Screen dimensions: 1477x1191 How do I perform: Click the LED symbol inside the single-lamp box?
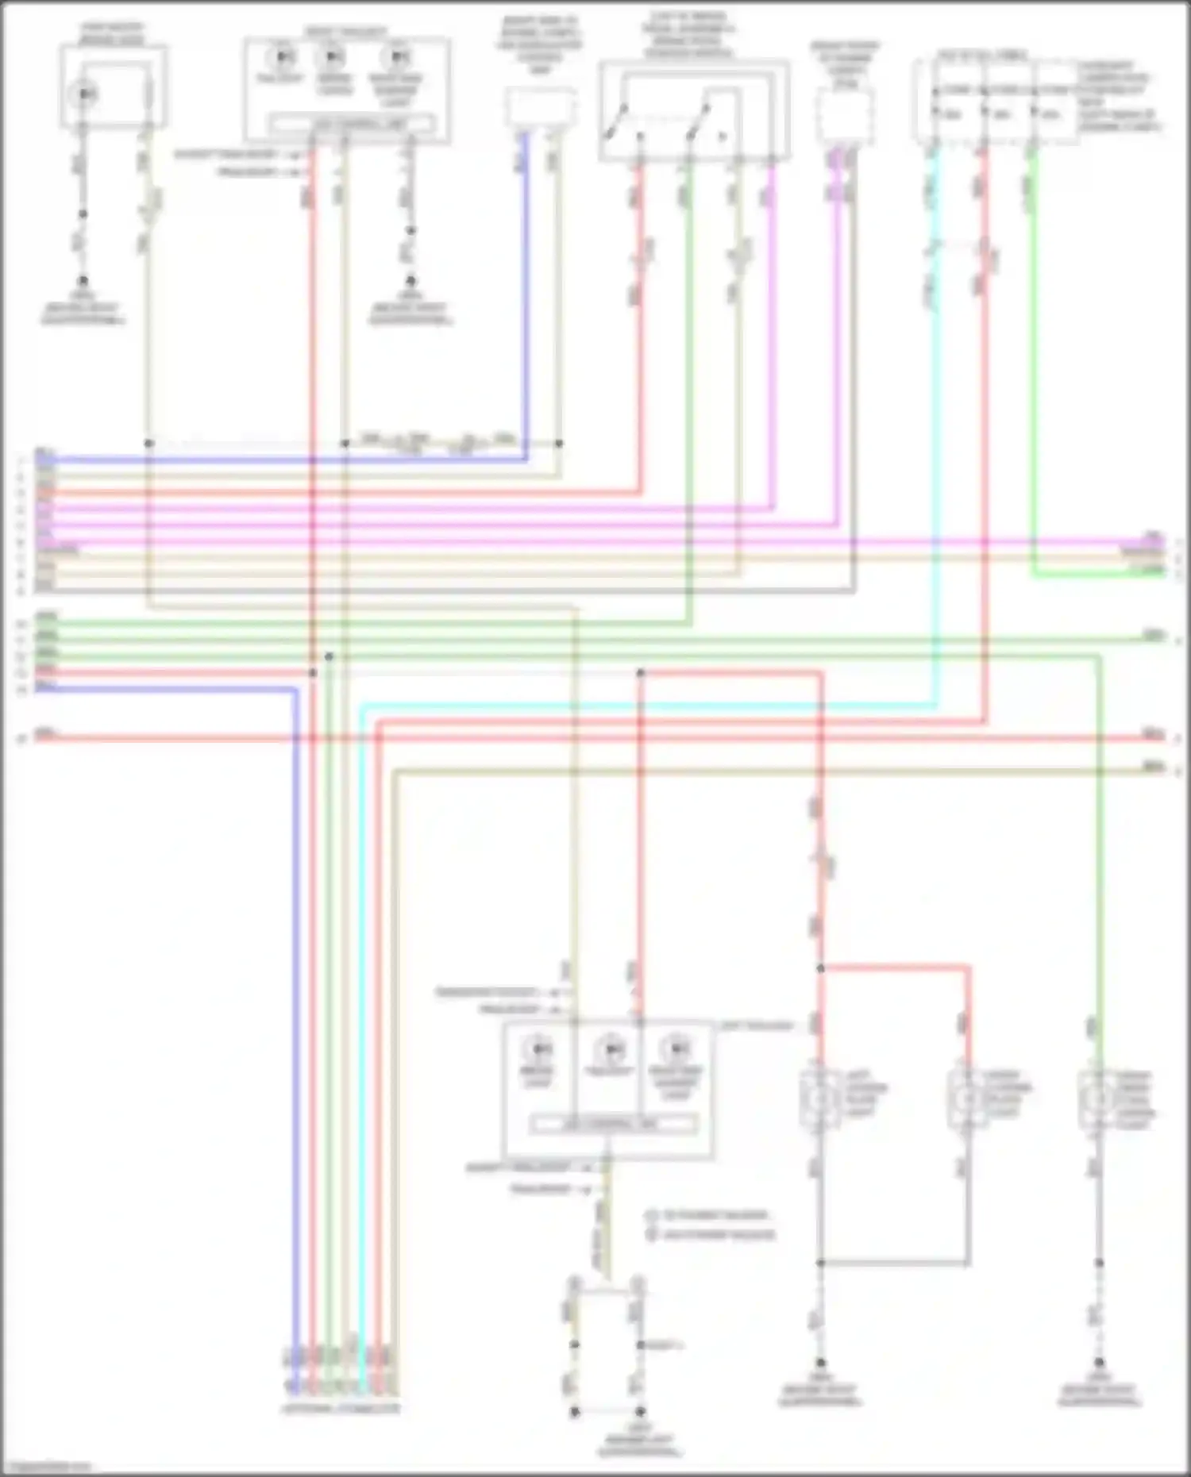pyautogui.click(x=84, y=94)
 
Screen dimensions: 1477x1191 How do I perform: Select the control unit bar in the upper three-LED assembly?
pyautogui.click(x=351, y=124)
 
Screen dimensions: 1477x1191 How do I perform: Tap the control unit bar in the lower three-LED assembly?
pyautogui.click(x=613, y=1124)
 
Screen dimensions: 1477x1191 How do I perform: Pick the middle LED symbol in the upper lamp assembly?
pyautogui.click(x=333, y=57)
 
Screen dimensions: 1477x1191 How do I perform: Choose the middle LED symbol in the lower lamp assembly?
pyautogui.click(x=611, y=1049)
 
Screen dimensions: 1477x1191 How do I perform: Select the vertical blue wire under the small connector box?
pyautogui.click(x=525, y=302)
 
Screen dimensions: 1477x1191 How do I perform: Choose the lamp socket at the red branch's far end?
pyautogui.click(x=967, y=1098)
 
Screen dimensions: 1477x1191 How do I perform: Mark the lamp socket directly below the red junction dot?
pyautogui.click(x=820, y=1098)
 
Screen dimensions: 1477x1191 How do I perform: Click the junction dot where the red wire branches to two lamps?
pyautogui.click(x=820, y=968)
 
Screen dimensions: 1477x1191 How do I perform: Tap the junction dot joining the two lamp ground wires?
pyautogui.click(x=820, y=1262)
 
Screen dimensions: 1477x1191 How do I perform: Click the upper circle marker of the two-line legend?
pyautogui.click(x=651, y=1215)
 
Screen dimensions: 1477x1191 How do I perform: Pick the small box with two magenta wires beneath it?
pyautogui.click(x=845, y=116)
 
